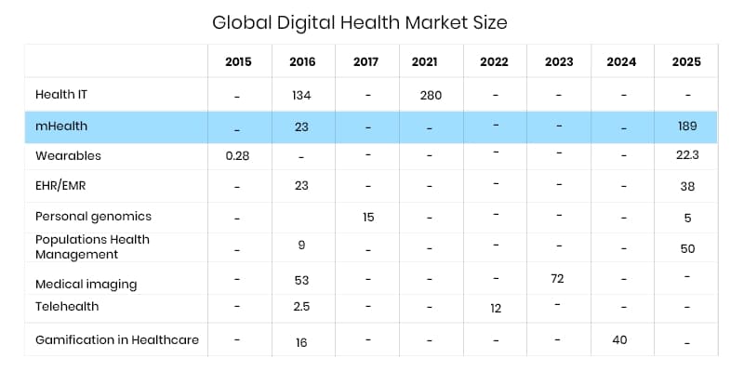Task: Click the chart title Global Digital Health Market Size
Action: click(360, 21)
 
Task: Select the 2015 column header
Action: click(238, 62)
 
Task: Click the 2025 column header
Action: click(686, 62)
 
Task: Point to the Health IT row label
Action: click(61, 94)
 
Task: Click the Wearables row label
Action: click(68, 155)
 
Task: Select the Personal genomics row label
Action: click(93, 216)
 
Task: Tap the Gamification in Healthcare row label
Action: click(117, 339)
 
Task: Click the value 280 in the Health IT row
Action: click(431, 94)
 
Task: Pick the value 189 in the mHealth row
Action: click(686, 126)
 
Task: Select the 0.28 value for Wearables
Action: click(238, 155)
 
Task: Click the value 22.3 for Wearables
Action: click(687, 155)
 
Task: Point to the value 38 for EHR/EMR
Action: click(687, 185)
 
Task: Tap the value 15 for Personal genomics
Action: click(369, 216)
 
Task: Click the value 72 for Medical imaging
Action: click(558, 278)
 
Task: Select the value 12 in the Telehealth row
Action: click(496, 308)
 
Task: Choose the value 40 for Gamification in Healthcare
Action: click(619, 339)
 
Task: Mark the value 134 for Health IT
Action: click(301, 94)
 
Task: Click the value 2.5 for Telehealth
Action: click(301, 306)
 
